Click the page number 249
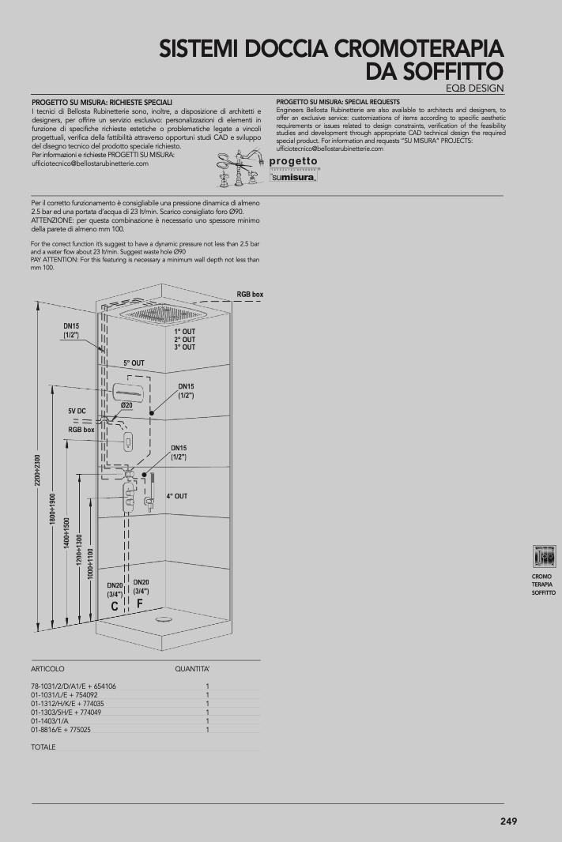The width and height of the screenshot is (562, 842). [508, 821]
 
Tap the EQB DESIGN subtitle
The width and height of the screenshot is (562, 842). [474, 88]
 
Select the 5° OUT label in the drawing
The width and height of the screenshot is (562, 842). [134, 363]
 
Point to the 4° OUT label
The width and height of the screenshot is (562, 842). [177, 496]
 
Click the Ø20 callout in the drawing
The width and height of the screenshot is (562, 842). [126, 405]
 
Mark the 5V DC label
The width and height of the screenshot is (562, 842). [77, 412]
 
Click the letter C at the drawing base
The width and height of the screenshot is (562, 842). [115, 607]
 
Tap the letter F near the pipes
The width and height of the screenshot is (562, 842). [140, 603]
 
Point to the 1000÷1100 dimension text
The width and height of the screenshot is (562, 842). [91, 563]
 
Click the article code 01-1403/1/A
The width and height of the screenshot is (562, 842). [50, 721]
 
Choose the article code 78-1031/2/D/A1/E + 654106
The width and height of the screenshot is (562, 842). [74, 686]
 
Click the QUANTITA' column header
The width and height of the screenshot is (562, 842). [192, 668]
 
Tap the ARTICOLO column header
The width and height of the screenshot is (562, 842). [47, 668]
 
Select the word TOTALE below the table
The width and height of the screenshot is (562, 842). [43, 746]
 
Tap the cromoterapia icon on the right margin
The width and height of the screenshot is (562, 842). [544, 556]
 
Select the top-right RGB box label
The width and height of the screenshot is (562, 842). [250, 294]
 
